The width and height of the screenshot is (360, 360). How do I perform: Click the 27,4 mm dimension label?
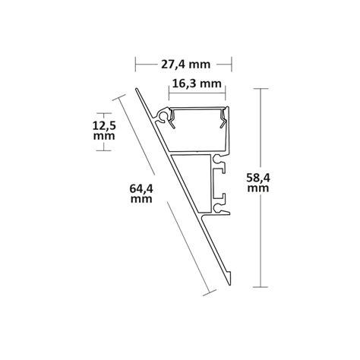[x=183, y=64]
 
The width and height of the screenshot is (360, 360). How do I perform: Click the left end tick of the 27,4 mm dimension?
[x=135, y=64]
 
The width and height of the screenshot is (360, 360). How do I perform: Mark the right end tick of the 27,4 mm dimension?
[x=231, y=64]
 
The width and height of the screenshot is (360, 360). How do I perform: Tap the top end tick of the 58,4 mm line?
[x=261, y=89]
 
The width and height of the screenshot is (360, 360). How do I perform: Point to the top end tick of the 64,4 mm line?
[x=118, y=96]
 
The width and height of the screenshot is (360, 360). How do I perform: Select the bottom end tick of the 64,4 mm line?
[x=206, y=292]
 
